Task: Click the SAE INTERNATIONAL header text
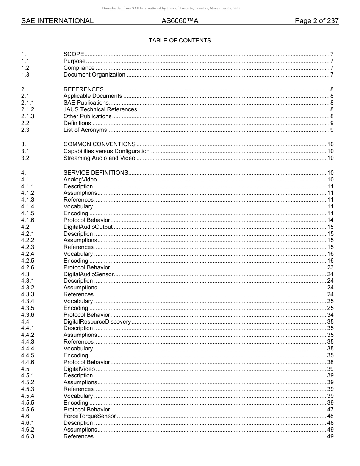coord(57,21)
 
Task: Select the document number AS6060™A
coord(180,21)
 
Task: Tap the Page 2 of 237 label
coord(316,21)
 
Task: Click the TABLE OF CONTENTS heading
coord(180,41)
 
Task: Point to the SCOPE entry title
coord(74,55)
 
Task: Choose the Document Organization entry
coord(94,75)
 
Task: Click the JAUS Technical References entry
coord(100,109)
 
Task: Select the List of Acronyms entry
coord(85,130)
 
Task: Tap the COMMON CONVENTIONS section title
coord(99,144)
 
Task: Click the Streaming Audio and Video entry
coord(99,158)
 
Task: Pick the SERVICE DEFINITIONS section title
coord(96,173)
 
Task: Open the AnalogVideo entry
coord(80,180)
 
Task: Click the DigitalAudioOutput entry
coord(88,227)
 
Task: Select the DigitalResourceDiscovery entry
coord(97,322)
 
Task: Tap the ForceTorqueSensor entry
coord(89,416)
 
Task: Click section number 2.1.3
coord(28,116)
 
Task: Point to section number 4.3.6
coord(28,315)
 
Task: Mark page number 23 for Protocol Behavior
coord(330,267)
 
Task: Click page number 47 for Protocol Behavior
coord(330,410)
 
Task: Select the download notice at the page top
coord(171,8)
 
